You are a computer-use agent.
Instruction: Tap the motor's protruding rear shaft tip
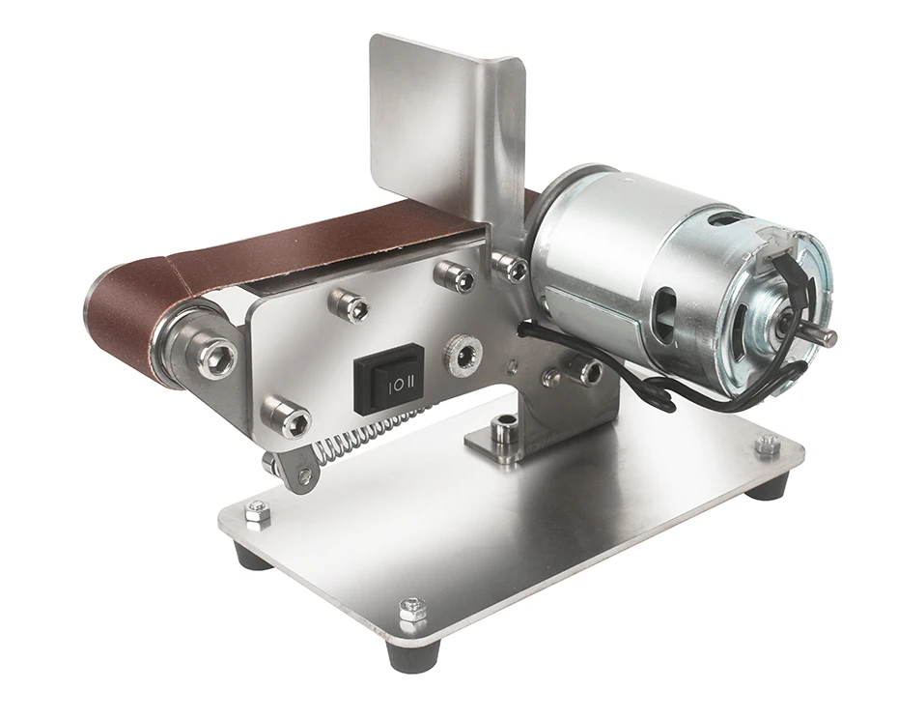tap(828, 338)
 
